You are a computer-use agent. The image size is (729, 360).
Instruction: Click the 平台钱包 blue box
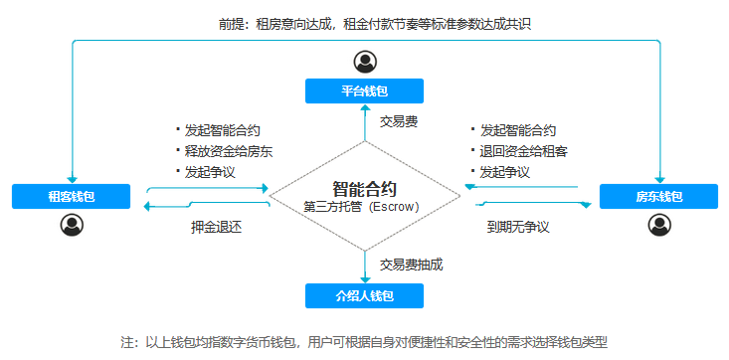point(364,91)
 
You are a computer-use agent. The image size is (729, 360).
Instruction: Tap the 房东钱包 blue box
point(658,196)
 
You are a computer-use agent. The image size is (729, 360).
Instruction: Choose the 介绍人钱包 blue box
point(364,295)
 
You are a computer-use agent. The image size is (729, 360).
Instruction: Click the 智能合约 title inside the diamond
point(365,188)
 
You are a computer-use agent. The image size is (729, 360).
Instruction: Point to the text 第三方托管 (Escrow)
point(365,207)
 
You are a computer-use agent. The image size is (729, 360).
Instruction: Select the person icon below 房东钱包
point(658,225)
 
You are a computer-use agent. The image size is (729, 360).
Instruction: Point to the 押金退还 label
point(217,227)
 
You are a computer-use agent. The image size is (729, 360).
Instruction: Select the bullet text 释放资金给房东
point(228,151)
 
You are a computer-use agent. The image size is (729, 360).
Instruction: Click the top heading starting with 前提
point(366,22)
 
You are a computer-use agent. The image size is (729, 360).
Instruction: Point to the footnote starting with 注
point(364,341)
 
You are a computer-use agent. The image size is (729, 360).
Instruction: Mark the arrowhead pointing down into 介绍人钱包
point(365,279)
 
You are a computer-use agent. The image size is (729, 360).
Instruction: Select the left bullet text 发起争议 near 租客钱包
point(209,172)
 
